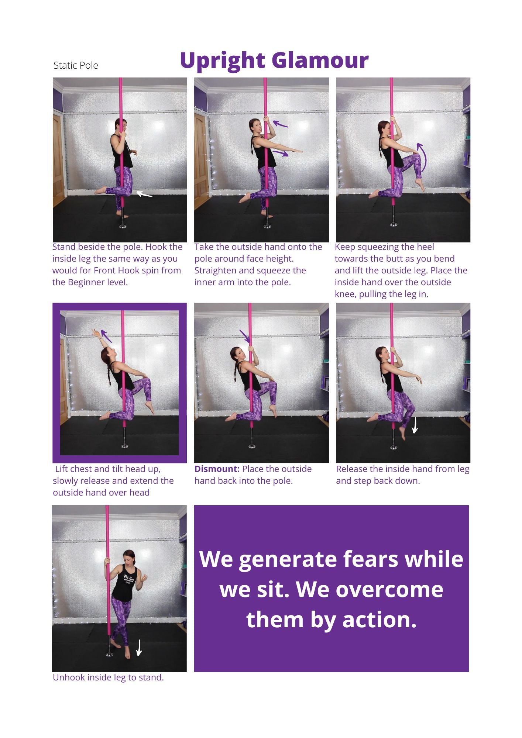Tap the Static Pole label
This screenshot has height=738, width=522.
click(x=76, y=65)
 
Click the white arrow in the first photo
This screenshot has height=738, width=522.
click(x=144, y=194)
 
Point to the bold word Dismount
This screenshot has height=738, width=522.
click(x=217, y=469)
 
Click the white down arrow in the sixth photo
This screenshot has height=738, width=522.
click(x=415, y=425)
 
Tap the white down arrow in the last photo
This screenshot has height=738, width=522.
click(x=139, y=648)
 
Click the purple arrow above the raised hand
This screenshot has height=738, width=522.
click(x=106, y=335)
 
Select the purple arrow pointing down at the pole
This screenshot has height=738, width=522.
click(x=245, y=336)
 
